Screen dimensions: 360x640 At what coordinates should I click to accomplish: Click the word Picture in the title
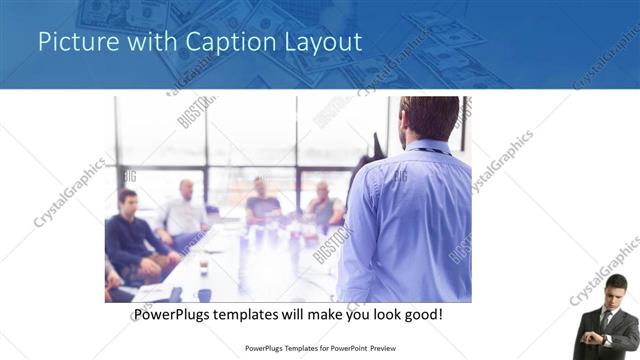[73, 42]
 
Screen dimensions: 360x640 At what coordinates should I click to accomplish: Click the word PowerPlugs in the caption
[176, 314]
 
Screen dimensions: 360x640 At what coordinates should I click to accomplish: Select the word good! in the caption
[420, 314]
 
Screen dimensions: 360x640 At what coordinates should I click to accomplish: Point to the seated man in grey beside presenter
[325, 204]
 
